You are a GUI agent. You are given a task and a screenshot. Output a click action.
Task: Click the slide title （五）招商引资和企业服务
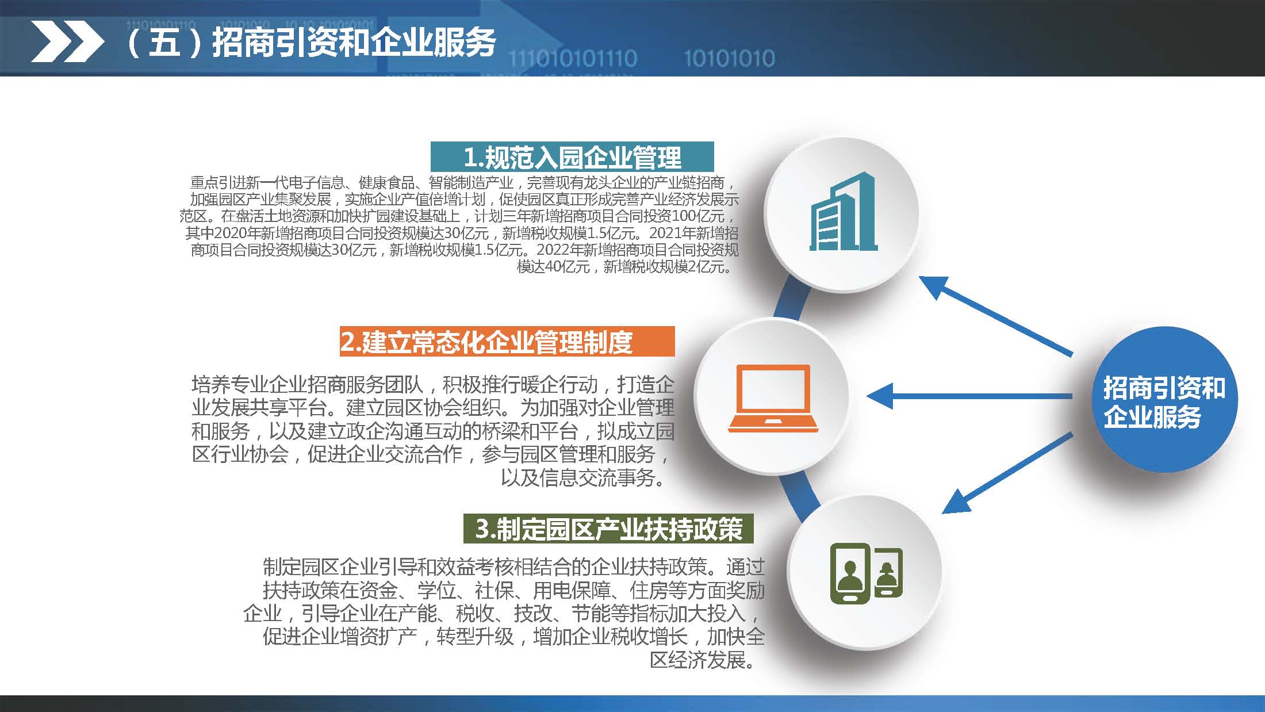(x=310, y=42)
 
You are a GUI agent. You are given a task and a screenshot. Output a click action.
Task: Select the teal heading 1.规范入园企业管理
(x=572, y=157)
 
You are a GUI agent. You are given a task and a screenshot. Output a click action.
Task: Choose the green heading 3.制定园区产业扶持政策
(x=608, y=529)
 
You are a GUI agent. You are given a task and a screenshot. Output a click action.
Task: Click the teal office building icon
(x=843, y=212)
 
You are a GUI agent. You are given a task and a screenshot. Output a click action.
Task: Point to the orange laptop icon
(x=772, y=398)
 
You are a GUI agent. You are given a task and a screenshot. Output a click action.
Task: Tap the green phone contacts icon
(x=866, y=573)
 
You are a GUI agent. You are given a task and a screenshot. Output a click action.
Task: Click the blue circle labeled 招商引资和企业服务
(x=1164, y=400)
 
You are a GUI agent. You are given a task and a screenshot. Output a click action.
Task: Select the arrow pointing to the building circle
(x=995, y=316)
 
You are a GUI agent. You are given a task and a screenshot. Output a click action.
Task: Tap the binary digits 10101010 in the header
(x=729, y=59)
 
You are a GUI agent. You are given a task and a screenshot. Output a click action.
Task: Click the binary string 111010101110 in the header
(x=573, y=59)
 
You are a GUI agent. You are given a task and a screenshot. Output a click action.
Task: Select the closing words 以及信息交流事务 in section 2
(x=578, y=477)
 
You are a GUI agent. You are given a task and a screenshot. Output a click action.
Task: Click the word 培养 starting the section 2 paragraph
(x=210, y=384)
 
